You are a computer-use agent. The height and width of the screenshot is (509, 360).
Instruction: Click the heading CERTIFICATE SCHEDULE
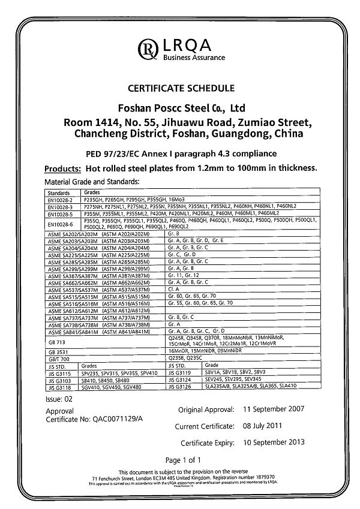[180, 89]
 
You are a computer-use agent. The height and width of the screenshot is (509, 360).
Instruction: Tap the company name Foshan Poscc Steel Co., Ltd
[180, 109]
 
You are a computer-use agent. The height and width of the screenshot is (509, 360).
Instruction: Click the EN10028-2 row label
[59, 199]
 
